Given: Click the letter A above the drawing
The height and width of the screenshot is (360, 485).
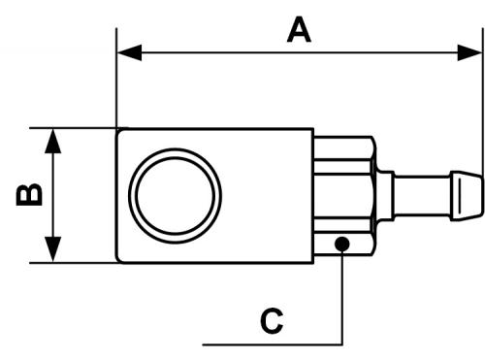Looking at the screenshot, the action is [x=299, y=30].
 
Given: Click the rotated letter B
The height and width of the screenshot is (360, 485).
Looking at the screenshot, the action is [x=29, y=195].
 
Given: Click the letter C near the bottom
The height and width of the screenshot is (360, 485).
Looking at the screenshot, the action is [x=272, y=321].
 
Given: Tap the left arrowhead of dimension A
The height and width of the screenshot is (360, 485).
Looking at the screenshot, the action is [x=130, y=52].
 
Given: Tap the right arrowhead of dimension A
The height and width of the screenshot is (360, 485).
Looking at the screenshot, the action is [x=469, y=52].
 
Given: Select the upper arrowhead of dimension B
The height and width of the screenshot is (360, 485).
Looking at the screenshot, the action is [x=52, y=141].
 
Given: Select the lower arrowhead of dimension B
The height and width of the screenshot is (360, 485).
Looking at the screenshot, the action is [x=52, y=249].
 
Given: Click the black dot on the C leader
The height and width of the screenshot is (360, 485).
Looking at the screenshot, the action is [x=342, y=244].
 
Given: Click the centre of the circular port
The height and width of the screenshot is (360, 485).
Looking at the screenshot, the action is [x=176, y=196].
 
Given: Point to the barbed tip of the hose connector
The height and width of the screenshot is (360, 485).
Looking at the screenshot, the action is [x=467, y=196].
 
